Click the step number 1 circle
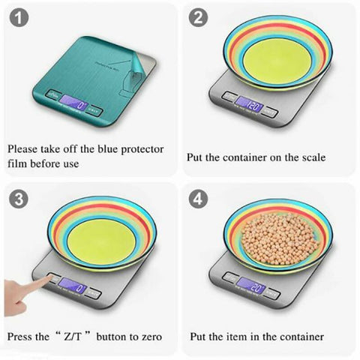[18, 19]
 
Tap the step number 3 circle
[18, 199]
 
